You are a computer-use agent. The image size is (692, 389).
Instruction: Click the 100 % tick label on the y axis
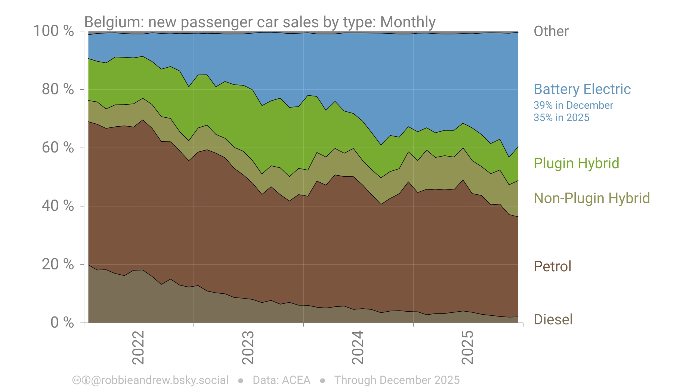pyautogui.click(x=53, y=31)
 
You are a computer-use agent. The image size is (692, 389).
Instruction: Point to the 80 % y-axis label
pyautogui.click(x=58, y=89)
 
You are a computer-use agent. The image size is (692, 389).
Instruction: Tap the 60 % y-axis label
pyautogui.click(x=58, y=148)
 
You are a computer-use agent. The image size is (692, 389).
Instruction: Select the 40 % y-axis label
pyautogui.click(x=58, y=206)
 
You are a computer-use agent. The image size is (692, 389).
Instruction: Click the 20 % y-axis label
pyautogui.click(x=58, y=264)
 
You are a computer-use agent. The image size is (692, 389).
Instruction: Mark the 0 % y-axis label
pyautogui.click(x=62, y=322)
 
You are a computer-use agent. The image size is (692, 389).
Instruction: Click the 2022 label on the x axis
pyautogui.click(x=138, y=347)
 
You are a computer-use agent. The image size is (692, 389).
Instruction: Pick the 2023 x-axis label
pyautogui.click(x=248, y=347)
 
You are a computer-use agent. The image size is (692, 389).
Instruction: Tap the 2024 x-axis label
pyautogui.click(x=358, y=347)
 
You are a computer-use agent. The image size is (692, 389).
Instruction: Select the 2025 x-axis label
pyautogui.click(x=468, y=347)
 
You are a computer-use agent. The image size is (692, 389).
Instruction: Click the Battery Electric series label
pyautogui.click(x=582, y=89)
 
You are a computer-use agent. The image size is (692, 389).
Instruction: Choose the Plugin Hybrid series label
pyautogui.click(x=576, y=163)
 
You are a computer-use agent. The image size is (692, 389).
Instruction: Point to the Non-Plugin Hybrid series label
pyautogui.click(x=591, y=198)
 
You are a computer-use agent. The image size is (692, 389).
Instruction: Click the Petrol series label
pyautogui.click(x=552, y=266)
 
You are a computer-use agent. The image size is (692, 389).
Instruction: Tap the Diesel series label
pyautogui.click(x=553, y=319)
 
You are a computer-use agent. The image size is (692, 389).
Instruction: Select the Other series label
pyautogui.click(x=551, y=31)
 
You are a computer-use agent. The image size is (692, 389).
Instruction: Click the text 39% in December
pyautogui.click(x=573, y=105)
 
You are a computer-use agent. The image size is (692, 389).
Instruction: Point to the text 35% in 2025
pyautogui.click(x=561, y=118)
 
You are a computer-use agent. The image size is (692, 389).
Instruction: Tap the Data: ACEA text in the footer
pyautogui.click(x=281, y=380)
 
